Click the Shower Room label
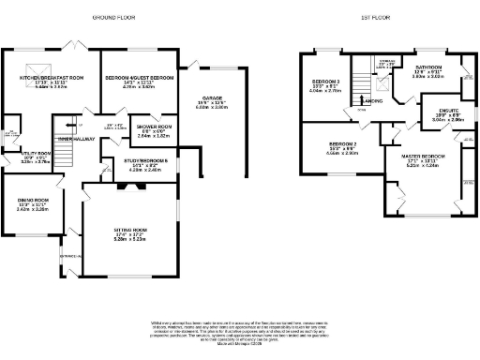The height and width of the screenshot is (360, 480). [x=153, y=127]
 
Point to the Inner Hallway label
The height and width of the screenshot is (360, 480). [x=78, y=140]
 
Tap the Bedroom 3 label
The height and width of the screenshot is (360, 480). [x=324, y=82]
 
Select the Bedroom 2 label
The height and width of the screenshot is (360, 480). [x=331, y=142]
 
